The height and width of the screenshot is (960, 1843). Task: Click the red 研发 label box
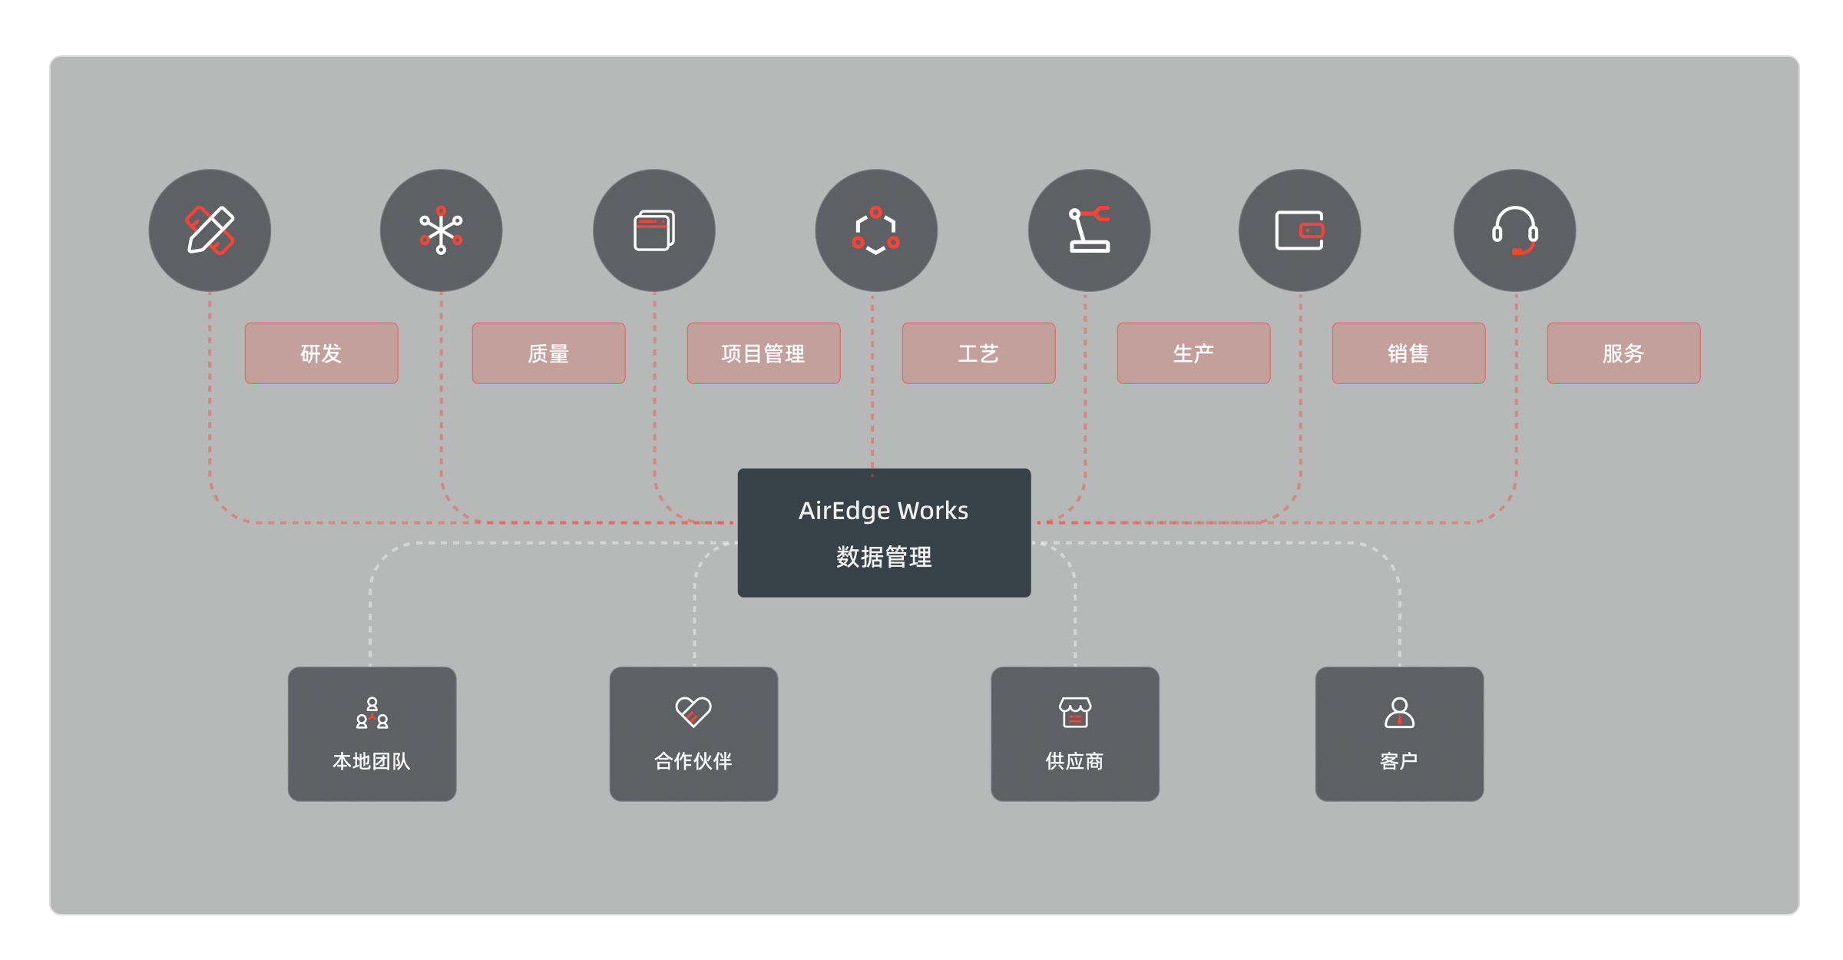321,353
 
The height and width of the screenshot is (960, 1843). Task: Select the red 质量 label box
548,353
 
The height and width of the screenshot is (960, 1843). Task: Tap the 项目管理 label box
763,353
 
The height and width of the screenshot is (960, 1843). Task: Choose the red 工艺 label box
978,353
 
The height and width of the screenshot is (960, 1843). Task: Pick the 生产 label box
1193,353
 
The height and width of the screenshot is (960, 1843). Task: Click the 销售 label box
1408,353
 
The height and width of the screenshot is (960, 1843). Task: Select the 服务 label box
1623,353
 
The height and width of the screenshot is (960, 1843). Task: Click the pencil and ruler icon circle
210,230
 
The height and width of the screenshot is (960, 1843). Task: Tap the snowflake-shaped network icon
441,230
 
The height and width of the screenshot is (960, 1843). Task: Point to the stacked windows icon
654,230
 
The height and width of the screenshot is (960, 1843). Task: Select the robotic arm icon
1089,230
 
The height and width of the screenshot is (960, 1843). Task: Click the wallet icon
1299,230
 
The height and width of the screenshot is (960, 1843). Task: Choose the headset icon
1514,230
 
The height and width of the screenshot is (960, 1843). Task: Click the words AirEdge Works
883,511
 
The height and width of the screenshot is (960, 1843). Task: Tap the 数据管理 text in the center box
883,557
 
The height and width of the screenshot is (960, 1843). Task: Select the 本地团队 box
372,733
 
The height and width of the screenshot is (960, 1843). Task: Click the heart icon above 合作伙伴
693,712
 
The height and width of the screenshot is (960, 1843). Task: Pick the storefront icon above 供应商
1075,712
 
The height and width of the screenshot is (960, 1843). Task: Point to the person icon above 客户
1399,712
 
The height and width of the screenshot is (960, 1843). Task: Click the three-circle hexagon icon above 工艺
875,230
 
